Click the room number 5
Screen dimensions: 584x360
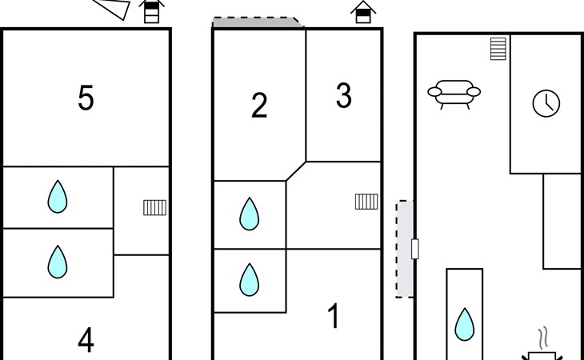pyautogui.click(x=86, y=98)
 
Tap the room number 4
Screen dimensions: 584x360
pyautogui.click(x=86, y=340)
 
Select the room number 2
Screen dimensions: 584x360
pyautogui.click(x=259, y=106)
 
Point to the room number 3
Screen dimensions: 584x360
pyautogui.click(x=344, y=95)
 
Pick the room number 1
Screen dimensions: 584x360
pyautogui.click(x=334, y=316)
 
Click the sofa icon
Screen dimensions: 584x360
pyautogui.click(x=454, y=94)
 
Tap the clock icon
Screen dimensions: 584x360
pyautogui.click(x=546, y=103)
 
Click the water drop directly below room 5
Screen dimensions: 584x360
pyautogui.click(x=58, y=197)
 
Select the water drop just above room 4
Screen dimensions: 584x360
pyautogui.click(x=58, y=262)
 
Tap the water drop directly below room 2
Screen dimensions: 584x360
pyautogui.click(x=249, y=214)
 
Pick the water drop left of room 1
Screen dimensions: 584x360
pyautogui.click(x=249, y=279)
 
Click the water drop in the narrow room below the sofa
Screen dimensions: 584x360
pyautogui.click(x=465, y=324)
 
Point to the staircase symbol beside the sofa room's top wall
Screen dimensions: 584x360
pyautogui.click(x=498, y=48)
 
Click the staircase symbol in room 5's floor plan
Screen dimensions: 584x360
pyautogui.click(x=155, y=208)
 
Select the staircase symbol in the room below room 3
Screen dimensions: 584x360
pyautogui.click(x=366, y=202)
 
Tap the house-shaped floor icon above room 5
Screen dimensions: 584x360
pyautogui.click(x=151, y=11)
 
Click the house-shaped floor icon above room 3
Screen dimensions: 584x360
pyautogui.click(x=363, y=12)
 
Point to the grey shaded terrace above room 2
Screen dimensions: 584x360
pyautogui.click(x=258, y=22)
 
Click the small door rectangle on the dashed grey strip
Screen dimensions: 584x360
pyautogui.click(x=415, y=249)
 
